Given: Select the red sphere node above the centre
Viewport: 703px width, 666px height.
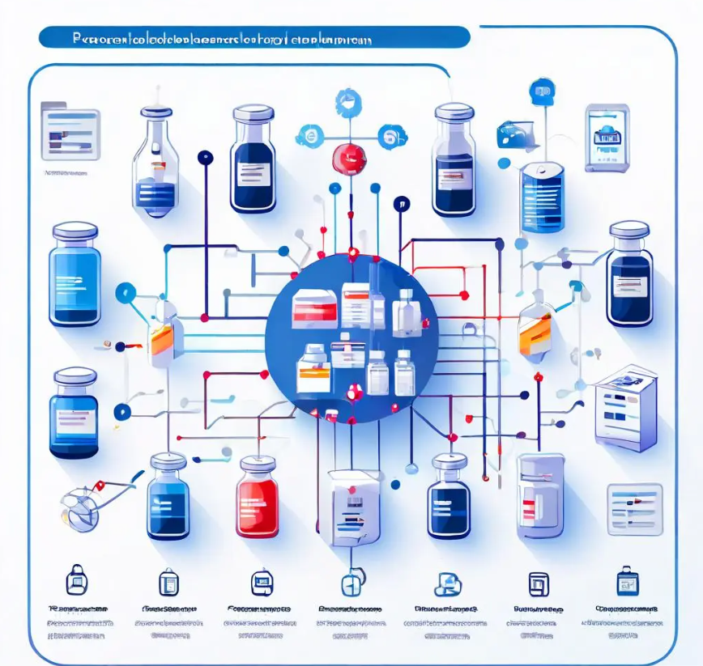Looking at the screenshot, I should [x=350, y=159].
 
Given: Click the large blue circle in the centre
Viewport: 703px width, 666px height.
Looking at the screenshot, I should [x=351, y=338].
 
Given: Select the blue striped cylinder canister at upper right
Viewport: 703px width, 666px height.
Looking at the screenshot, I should [x=542, y=196].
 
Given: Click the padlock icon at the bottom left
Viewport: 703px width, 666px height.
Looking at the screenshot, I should [x=76, y=580].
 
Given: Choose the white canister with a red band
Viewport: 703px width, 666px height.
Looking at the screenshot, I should [x=540, y=495].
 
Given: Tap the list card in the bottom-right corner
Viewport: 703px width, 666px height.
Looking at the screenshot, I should [x=635, y=509].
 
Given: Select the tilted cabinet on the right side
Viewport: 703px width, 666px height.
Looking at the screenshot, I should [x=624, y=408].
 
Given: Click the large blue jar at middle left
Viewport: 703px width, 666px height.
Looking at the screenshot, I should [x=75, y=275].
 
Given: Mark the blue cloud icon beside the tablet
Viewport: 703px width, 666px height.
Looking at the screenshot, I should [x=515, y=133].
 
